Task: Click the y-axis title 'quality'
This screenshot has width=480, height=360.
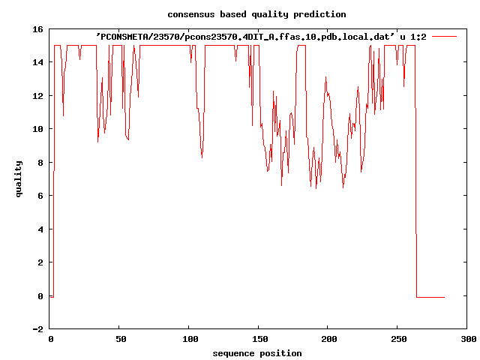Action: click(19, 178)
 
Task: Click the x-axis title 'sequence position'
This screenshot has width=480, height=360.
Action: click(257, 353)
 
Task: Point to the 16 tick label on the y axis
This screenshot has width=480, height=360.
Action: click(37, 29)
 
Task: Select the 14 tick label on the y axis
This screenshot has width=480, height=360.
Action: click(37, 62)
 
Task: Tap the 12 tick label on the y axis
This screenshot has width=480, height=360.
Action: click(37, 96)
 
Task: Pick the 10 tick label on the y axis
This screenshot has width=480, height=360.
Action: click(37, 129)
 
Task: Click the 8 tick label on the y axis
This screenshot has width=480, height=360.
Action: click(40, 163)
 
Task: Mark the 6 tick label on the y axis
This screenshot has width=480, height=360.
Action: click(40, 196)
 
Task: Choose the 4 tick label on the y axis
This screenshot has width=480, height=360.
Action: click(40, 229)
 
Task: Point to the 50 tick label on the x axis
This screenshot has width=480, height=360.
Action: click(120, 340)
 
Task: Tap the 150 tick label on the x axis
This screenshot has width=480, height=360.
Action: click(259, 340)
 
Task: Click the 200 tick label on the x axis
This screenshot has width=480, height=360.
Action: click(328, 340)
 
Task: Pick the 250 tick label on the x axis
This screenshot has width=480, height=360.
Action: click(398, 340)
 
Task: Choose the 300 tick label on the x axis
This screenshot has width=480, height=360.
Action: click(467, 340)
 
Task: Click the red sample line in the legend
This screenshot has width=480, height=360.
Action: click(445, 36)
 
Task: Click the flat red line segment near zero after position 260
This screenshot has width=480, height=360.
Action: click(430, 298)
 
